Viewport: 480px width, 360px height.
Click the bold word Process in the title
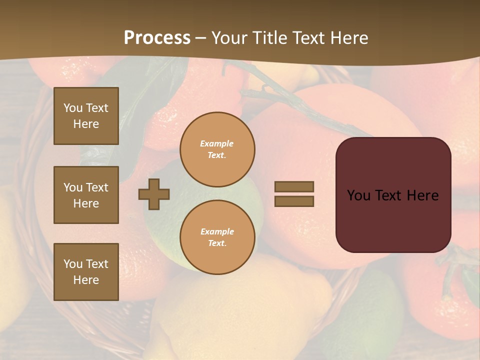coord(157,38)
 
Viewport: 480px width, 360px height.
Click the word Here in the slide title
coord(348,38)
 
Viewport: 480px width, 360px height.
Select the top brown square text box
coord(86,116)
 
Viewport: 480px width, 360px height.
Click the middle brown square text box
coord(86,195)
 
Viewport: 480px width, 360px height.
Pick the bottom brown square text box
coord(86,272)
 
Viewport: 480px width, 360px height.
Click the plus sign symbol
coord(154,194)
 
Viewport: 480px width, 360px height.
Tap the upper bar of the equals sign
coord(294,186)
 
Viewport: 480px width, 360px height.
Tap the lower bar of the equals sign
coord(294,201)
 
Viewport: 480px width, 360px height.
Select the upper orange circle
coord(217,149)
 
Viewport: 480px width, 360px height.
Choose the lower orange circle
coord(217,237)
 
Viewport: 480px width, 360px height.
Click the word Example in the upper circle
coord(217,143)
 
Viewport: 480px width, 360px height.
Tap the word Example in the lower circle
coord(217,231)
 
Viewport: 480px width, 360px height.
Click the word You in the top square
coord(73,108)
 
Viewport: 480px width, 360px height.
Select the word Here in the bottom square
coord(86,280)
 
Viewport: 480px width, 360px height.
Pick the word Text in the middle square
coord(97,187)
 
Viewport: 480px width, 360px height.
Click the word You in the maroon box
coord(358,195)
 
